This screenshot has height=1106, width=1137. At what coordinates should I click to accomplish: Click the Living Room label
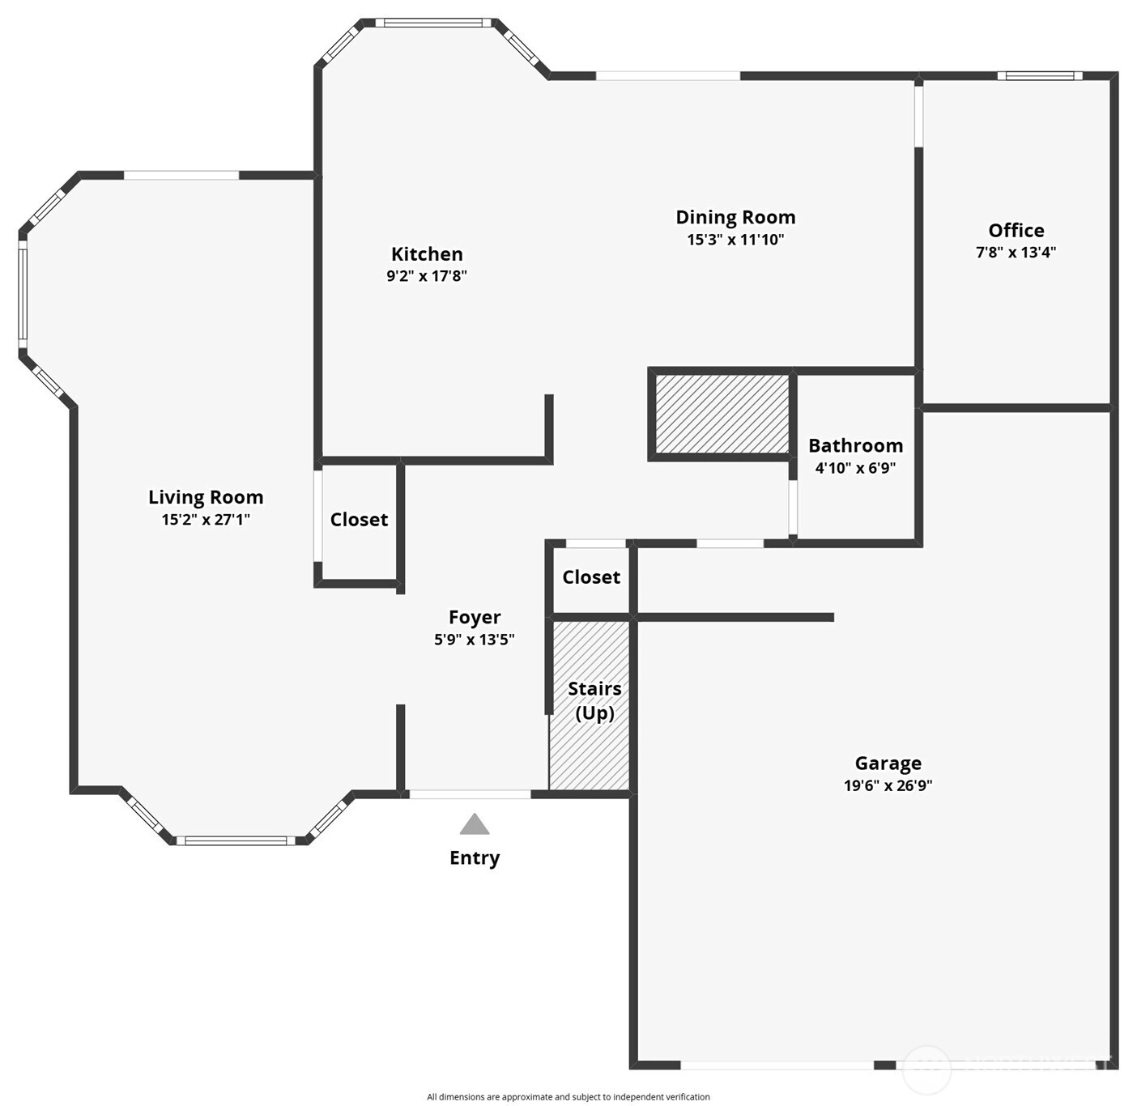[206, 497]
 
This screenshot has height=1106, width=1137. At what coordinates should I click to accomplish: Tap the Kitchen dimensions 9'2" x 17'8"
[427, 276]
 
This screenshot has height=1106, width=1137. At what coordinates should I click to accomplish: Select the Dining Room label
[735, 217]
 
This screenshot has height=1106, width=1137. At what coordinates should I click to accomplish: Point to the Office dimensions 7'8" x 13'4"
[1016, 253]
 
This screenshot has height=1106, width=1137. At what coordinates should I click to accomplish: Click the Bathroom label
[855, 446]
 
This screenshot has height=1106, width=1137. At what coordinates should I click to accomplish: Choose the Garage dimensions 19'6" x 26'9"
[888, 785]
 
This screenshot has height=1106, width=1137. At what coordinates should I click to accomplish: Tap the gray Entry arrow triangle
[475, 823]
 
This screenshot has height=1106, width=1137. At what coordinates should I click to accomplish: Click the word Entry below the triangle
[475, 858]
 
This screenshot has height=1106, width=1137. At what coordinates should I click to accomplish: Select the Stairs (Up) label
[594, 700]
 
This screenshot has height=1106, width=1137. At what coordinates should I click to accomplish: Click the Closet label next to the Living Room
[359, 520]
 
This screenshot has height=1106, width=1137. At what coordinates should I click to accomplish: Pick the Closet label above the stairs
[591, 577]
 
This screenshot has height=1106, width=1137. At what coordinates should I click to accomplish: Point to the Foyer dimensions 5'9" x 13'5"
[474, 640]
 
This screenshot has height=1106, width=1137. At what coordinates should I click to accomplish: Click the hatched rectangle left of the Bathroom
[722, 414]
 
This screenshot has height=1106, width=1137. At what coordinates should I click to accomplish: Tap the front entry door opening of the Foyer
[470, 794]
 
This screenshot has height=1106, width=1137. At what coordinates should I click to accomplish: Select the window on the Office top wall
[1040, 75]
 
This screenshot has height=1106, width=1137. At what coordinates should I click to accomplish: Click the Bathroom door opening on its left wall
[793, 507]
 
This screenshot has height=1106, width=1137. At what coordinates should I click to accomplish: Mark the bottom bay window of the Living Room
[232, 840]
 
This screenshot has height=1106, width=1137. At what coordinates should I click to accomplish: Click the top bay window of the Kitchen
[429, 23]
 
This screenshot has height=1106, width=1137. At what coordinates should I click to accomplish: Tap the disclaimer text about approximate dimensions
[568, 1097]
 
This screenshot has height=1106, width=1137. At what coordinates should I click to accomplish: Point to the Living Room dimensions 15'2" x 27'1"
[206, 520]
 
